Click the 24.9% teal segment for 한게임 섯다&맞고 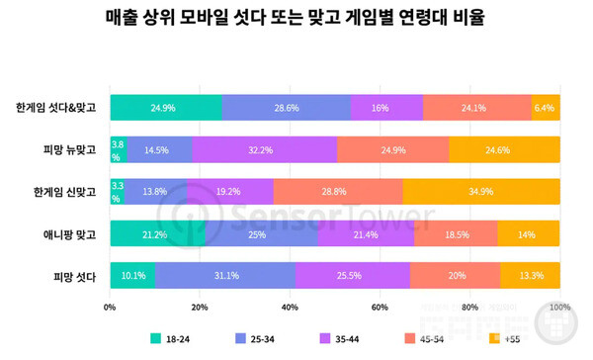166,107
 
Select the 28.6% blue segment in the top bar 287,107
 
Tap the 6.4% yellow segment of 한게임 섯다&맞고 546,107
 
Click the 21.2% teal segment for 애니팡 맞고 158,233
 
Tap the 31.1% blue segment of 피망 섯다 225,276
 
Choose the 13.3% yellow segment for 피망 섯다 530,276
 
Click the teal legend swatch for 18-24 156,339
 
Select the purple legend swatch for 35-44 328,339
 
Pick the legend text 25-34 264,339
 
